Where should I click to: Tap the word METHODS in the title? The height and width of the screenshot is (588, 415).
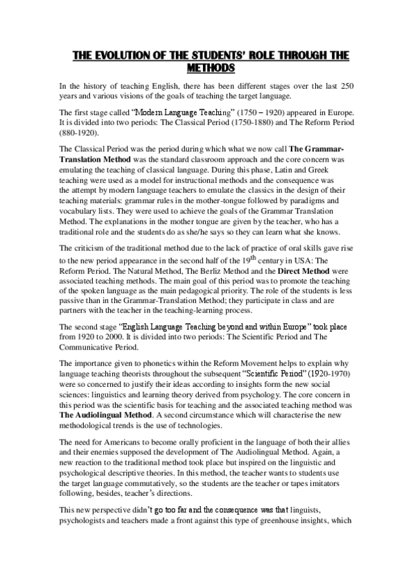(x=212, y=68)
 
